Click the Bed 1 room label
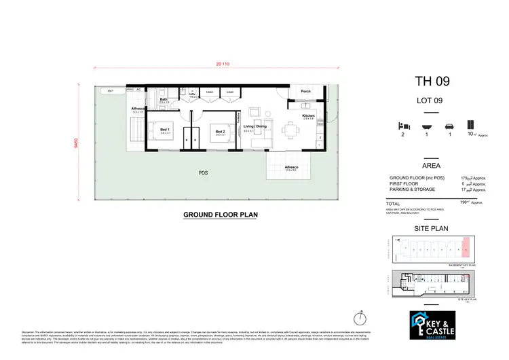(164, 129)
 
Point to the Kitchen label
(308, 116)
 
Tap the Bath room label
(164, 100)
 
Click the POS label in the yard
(202, 173)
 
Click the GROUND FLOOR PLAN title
(221, 215)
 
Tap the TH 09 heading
(432, 82)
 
